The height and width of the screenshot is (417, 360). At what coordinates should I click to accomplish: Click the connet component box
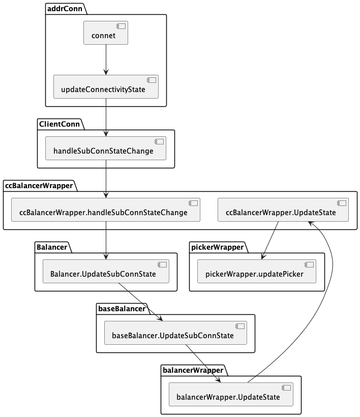(106, 33)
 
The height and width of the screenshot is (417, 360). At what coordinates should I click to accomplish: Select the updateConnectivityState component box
(106, 86)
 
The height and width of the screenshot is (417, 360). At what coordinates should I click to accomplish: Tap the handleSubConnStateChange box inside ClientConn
(106, 148)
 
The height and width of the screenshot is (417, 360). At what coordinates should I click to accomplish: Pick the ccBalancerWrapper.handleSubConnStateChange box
(106, 210)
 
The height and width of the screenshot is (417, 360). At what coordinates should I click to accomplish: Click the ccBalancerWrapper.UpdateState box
(283, 210)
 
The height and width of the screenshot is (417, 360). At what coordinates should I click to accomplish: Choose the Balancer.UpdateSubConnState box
(106, 271)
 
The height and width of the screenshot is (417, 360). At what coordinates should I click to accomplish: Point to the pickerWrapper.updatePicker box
(257, 271)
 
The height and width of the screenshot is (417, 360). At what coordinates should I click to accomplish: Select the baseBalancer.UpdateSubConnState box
(175, 333)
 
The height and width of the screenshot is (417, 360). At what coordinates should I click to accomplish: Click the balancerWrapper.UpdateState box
(231, 395)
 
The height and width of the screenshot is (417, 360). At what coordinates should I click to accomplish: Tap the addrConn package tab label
(65, 9)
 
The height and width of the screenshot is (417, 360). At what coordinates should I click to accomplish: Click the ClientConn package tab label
(59, 124)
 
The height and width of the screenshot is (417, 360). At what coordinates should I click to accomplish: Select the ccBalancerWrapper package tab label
(39, 186)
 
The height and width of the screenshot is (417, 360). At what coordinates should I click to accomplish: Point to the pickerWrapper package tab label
(218, 247)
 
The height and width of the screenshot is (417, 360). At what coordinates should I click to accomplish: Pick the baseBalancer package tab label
(122, 309)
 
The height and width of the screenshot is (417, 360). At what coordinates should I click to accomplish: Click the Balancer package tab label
(52, 247)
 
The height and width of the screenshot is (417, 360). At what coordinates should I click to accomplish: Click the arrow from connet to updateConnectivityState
(106, 59)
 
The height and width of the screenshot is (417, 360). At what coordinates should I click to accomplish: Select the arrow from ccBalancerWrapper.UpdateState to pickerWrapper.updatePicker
(270, 240)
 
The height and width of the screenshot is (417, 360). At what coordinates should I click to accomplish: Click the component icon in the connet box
(121, 26)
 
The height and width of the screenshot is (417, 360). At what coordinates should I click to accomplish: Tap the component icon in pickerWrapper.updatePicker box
(309, 264)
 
